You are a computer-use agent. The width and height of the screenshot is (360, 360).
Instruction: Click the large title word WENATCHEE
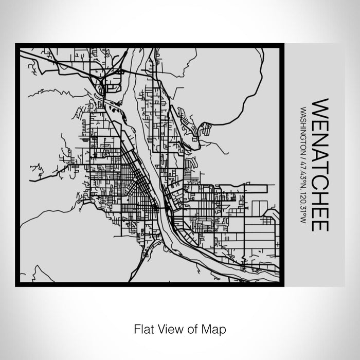[x=319, y=165]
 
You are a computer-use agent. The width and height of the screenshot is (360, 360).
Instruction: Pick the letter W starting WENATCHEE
[x=319, y=106]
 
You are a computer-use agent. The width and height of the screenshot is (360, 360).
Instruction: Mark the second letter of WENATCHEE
[x=319, y=121]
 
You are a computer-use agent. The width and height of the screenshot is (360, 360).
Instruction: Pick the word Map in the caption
[x=215, y=328]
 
